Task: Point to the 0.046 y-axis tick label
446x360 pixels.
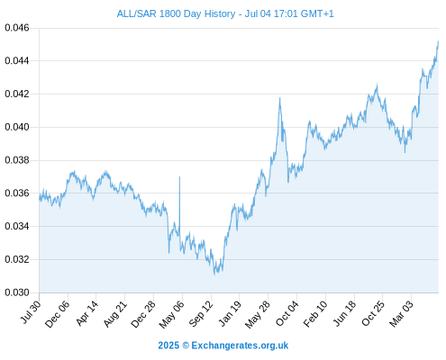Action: pyautogui.click(x=17, y=28)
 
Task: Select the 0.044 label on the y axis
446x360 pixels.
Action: pyautogui.click(x=17, y=61)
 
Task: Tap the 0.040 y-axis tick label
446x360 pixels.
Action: pyautogui.click(x=17, y=127)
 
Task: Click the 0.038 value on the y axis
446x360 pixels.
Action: pyautogui.click(x=17, y=160)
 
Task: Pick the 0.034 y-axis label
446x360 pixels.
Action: pyautogui.click(x=17, y=227)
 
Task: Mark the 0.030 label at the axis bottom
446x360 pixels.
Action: pyautogui.click(x=17, y=292)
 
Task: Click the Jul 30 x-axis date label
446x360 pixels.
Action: pyautogui.click(x=31, y=312)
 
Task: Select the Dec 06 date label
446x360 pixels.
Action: pyautogui.click(x=57, y=314)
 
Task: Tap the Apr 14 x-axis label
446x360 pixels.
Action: pyautogui.click(x=86, y=313)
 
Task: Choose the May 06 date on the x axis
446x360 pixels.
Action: pyautogui.click(x=171, y=314)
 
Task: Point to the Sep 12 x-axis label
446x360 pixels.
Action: pyautogui.click(x=201, y=313)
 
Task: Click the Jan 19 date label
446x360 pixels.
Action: pyautogui.click(x=230, y=313)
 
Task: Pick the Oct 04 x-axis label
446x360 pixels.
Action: pyautogui.click(x=287, y=313)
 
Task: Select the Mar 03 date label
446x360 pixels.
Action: pyautogui.click(x=401, y=313)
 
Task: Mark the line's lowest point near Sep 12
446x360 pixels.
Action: pyautogui.click(x=214, y=274)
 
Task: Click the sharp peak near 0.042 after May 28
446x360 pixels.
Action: pyautogui.click(x=279, y=98)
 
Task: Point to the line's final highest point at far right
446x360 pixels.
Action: pyautogui.click(x=438, y=41)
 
